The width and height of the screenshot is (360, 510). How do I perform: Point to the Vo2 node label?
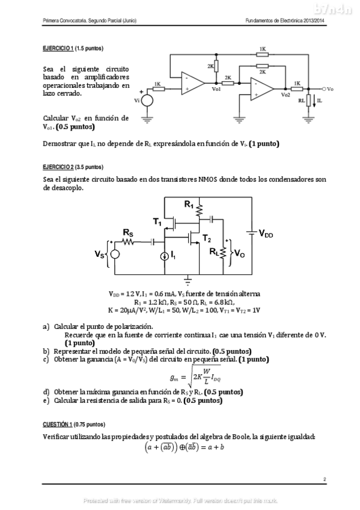pyautogui.click(x=285, y=95)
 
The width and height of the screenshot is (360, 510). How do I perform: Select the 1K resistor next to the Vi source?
pyautogui.click(x=157, y=89)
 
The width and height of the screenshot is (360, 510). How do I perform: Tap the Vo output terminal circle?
pyautogui.click(x=323, y=89)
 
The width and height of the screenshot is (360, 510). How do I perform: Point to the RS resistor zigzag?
pyautogui.click(x=128, y=241)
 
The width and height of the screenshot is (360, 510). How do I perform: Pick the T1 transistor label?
pyautogui.click(x=157, y=223)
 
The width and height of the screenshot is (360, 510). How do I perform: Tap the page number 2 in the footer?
pyautogui.click(x=324, y=479)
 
